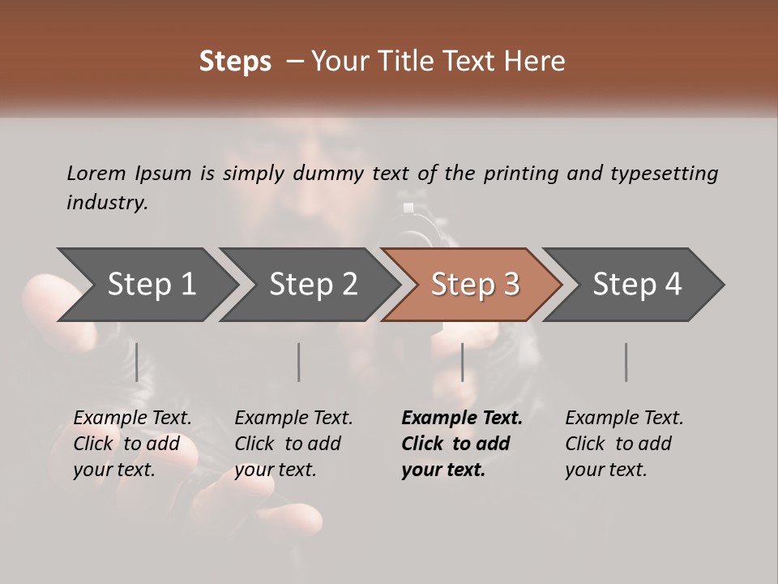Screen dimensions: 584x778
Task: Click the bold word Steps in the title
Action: [235, 62]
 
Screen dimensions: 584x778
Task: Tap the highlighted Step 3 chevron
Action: [474, 285]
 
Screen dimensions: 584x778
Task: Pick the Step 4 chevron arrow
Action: [636, 285]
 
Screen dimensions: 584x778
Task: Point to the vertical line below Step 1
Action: [137, 362]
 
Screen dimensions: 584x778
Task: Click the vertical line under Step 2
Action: [299, 362]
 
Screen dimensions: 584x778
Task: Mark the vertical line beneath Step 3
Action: [463, 362]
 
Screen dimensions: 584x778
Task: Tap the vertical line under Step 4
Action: [626, 362]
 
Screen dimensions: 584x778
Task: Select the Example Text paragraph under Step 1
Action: [132, 444]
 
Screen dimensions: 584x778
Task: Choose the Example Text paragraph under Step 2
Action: [293, 444]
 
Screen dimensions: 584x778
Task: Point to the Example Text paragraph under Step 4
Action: [624, 444]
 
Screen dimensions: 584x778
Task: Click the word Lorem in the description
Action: [96, 174]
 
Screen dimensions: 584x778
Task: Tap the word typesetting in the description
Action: [664, 174]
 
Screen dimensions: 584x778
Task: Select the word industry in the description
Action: [106, 203]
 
